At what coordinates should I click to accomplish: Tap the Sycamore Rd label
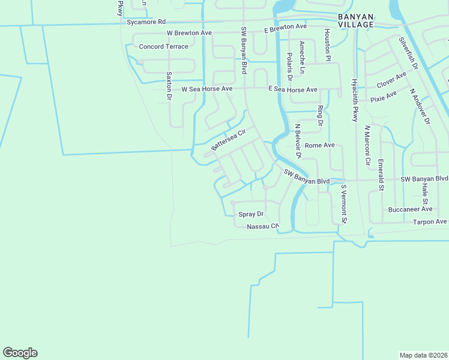click(146, 22)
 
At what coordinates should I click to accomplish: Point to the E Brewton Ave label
click(286, 28)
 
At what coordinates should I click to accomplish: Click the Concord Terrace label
click(163, 46)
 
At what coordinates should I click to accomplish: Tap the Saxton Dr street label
click(169, 86)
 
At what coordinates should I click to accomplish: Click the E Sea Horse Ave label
click(292, 89)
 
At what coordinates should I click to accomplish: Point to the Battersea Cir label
click(229, 140)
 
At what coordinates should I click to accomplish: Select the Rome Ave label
click(319, 145)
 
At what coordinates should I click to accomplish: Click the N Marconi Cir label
click(367, 145)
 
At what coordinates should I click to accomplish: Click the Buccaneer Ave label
click(409, 209)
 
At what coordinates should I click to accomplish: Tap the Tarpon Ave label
click(430, 221)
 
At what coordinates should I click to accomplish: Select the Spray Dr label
click(251, 214)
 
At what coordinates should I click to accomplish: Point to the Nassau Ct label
click(263, 226)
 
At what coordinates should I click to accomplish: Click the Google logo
click(20, 353)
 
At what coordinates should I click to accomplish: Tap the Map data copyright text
click(423, 355)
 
